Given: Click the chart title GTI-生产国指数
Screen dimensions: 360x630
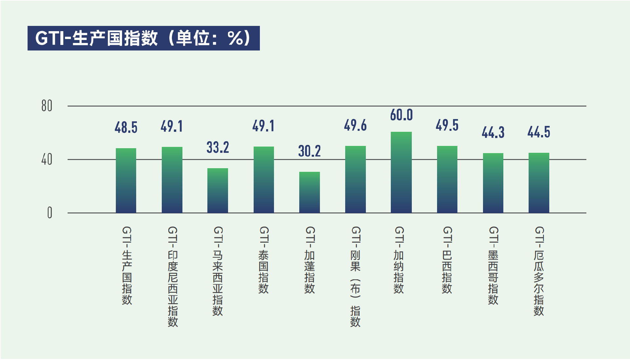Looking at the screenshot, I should click(x=143, y=38).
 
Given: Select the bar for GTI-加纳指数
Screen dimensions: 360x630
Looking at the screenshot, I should click(x=401, y=172).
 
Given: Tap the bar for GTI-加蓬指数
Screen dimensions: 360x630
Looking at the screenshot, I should click(x=309, y=192).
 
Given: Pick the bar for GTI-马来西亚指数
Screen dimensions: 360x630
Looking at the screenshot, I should click(x=218, y=190).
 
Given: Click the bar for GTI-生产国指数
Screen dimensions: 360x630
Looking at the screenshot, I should click(x=126, y=181).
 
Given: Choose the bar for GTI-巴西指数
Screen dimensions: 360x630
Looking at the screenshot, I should click(x=447, y=179).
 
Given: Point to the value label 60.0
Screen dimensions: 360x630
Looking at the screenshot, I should click(x=401, y=115).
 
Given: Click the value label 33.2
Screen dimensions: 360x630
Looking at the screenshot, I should click(x=218, y=148).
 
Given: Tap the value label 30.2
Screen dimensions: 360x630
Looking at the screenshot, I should click(x=309, y=151).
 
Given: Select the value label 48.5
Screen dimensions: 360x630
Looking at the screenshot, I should click(x=126, y=128).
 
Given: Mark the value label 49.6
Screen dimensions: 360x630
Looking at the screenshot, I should click(x=355, y=125).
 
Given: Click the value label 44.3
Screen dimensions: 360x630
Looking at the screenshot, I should click(x=493, y=132).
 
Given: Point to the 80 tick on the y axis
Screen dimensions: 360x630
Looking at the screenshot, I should click(x=47, y=106).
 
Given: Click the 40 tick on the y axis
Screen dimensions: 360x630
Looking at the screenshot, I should click(x=47, y=160).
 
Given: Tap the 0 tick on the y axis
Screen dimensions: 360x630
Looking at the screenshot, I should click(x=50, y=213).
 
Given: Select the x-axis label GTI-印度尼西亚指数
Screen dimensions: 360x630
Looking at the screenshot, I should click(x=173, y=276).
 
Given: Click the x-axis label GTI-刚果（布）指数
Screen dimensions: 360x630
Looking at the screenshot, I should click(x=355, y=276).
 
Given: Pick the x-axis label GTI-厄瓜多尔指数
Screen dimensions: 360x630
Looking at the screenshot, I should click(x=539, y=271).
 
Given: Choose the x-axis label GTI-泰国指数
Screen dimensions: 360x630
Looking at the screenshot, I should click(x=264, y=260).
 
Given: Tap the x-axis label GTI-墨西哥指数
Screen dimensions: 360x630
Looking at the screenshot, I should click(x=493, y=265).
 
